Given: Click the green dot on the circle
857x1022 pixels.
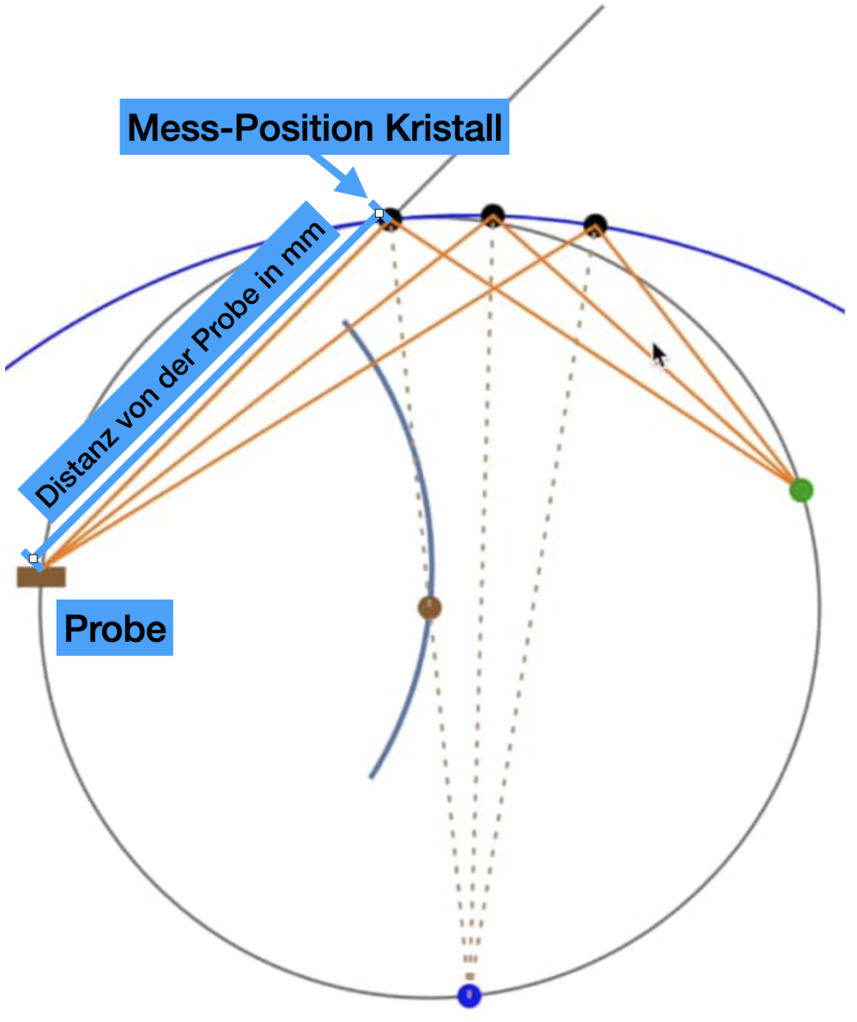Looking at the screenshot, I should pos(801,490).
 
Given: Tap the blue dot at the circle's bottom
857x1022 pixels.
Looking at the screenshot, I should pos(469,995).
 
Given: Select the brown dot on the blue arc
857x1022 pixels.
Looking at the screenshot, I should pos(429,607).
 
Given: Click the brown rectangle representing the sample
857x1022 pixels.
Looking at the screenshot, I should pos(41,577).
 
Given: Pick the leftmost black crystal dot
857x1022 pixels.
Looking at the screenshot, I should pos(391,219).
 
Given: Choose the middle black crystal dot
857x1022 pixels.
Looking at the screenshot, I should pos(493,215).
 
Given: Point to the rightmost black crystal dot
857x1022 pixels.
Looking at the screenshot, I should pos(595,225).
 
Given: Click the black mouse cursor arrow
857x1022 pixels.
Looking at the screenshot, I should pos(658,354).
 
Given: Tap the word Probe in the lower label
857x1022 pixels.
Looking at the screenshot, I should pos(115,628).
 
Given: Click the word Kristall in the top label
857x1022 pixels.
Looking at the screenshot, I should pos(443,128).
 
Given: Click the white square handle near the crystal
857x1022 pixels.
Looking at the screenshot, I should pos(379,213).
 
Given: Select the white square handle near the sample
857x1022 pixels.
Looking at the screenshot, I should pos(33,559).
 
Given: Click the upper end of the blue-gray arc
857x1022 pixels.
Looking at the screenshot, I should pos(346,323).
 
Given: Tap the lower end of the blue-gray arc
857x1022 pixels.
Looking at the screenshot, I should pos(371,776).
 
